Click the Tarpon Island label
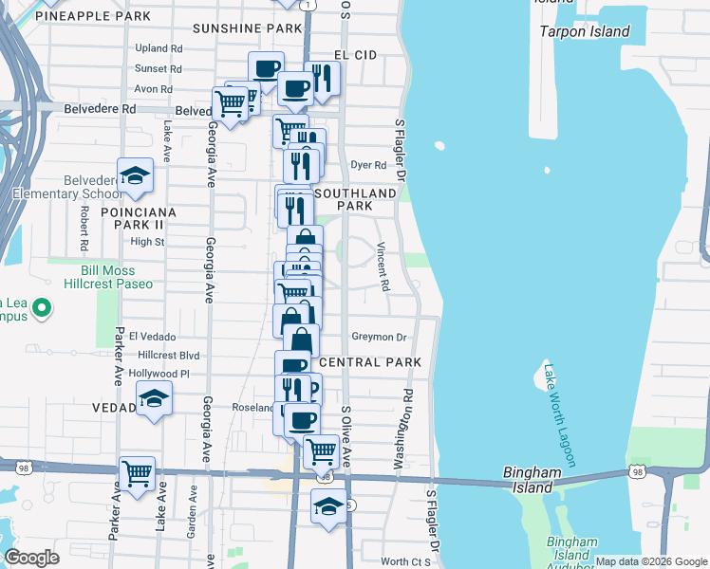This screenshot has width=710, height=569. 585,31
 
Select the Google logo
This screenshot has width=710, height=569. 31,558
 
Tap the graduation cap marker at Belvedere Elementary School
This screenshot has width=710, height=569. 136,174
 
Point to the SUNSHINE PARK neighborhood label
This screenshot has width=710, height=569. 247,29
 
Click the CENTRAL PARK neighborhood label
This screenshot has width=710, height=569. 370,363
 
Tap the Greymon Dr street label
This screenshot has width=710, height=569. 379,337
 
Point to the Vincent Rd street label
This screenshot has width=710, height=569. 383,266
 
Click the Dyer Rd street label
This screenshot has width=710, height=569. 368,164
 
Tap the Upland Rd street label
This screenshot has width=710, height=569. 159,48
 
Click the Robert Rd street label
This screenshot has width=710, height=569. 84,229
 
